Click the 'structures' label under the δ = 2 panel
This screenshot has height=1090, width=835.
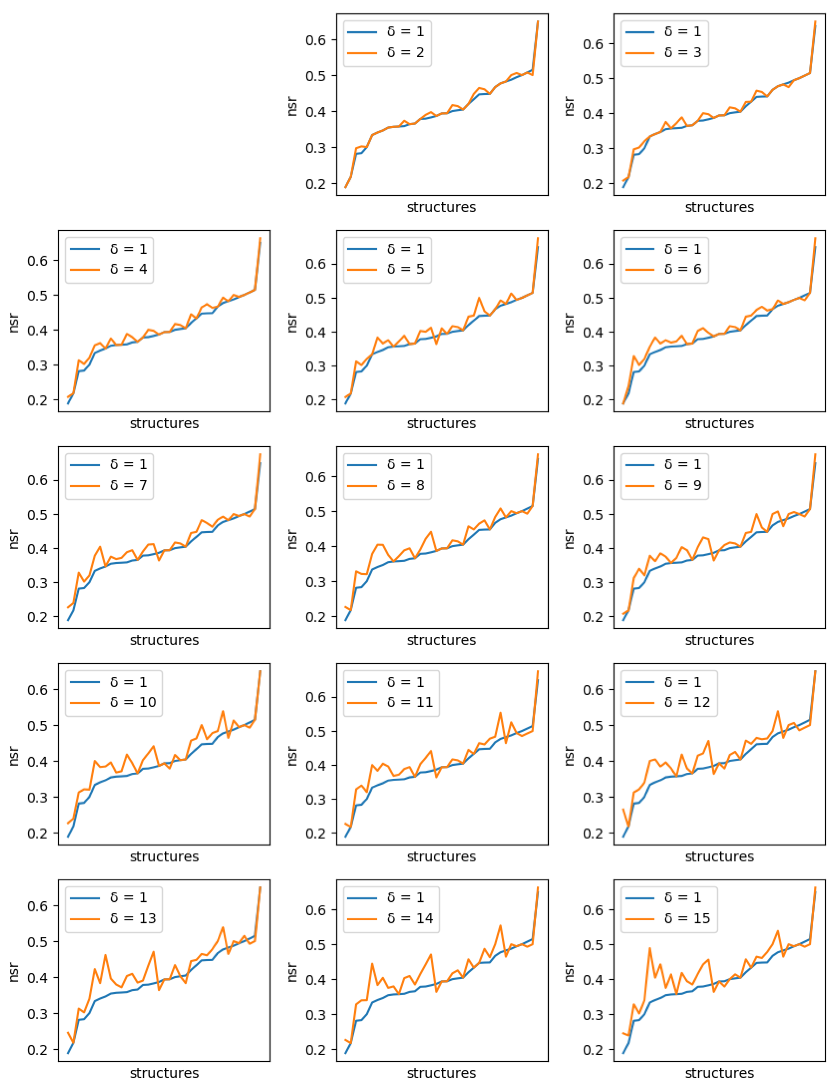coord(441,207)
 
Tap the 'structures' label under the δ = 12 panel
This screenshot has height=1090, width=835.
coord(719,856)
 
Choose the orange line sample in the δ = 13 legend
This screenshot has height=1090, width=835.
coord(85,918)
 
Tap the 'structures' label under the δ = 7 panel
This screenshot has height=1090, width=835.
coord(164,640)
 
